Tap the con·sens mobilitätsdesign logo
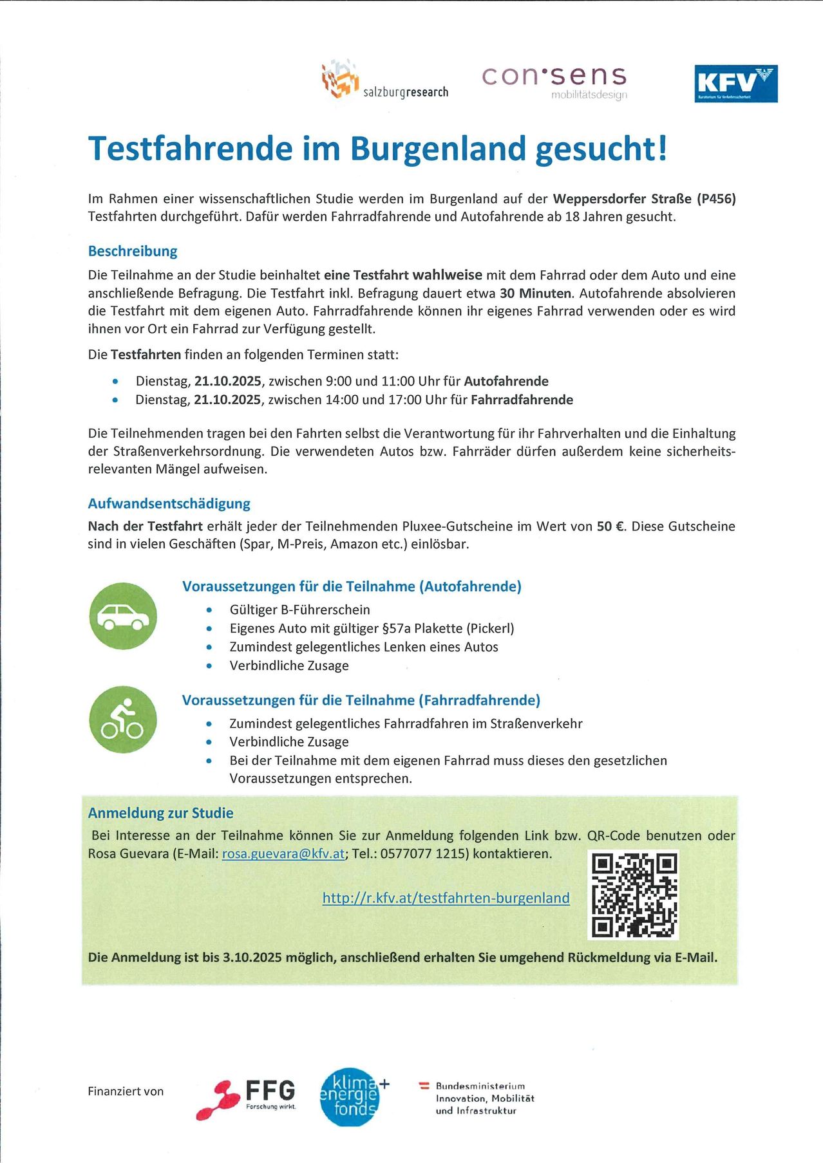click(554, 82)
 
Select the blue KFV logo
click(735, 84)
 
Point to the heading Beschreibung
click(133, 251)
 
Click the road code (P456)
click(716, 198)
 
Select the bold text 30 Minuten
click(535, 293)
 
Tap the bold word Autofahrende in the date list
click(506, 381)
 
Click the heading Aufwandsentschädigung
click(169, 503)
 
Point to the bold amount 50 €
click(611, 526)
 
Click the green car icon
click(123, 616)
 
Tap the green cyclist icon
click(123, 720)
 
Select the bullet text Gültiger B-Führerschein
click(299, 609)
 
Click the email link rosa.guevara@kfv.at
click(283, 854)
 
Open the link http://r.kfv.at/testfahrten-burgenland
click(446, 898)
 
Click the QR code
click(634, 895)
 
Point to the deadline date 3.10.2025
click(252, 957)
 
